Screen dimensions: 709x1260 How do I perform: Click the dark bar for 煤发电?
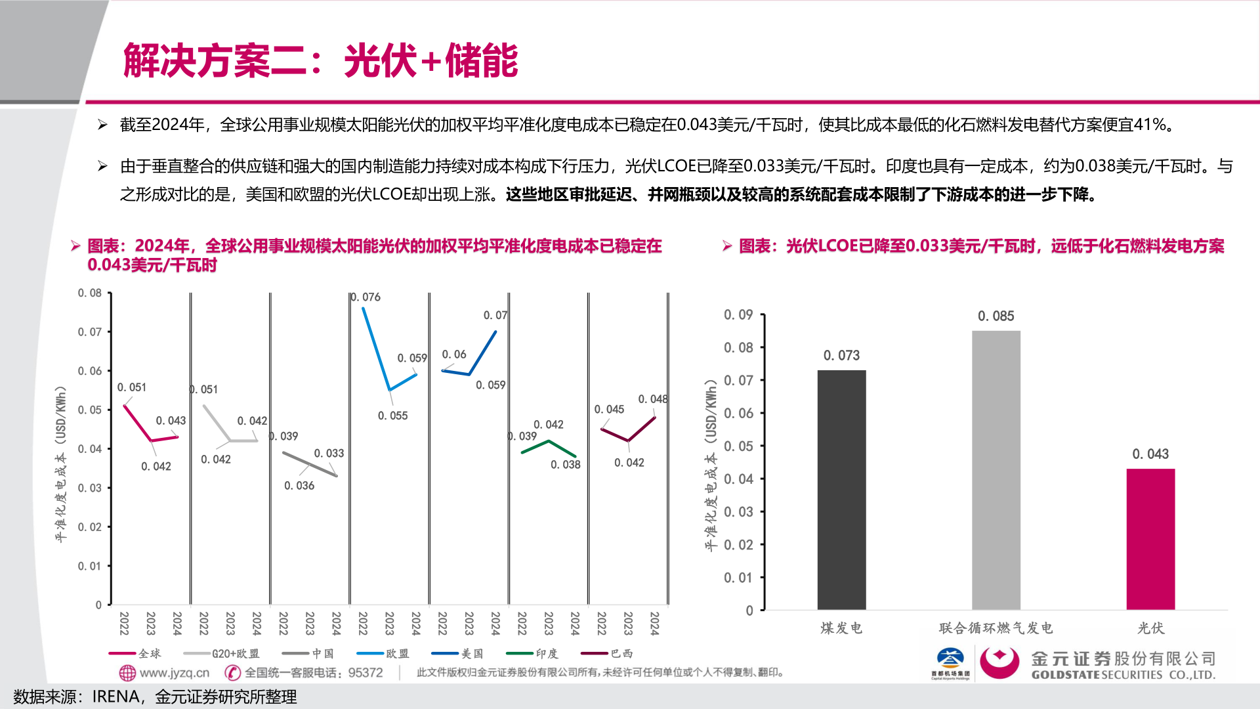[x=841, y=490]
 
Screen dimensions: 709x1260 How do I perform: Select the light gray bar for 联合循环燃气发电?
[x=996, y=470]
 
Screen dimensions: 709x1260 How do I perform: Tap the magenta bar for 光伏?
[x=1150, y=539]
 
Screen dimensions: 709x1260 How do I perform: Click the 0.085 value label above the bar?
[x=996, y=316]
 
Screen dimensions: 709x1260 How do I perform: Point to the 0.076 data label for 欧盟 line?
[x=366, y=297]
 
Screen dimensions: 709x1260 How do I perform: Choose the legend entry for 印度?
[x=533, y=653]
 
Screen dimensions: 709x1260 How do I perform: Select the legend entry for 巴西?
[x=608, y=653]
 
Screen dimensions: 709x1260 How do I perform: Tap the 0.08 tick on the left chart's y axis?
[x=90, y=293]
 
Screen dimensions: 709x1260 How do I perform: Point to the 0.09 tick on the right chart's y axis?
[x=738, y=315]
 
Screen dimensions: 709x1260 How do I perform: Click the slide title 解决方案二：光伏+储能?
[x=320, y=60]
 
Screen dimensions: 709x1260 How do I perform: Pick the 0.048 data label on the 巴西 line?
[x=652, y=399]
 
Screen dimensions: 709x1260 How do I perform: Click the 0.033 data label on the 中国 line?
[x=329, y=453]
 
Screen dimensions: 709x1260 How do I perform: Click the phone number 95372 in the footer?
[x=366, y=673]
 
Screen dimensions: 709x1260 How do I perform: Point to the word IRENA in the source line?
[x=115, y=697]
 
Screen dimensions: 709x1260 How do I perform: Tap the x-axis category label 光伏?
[x=1150, y=628]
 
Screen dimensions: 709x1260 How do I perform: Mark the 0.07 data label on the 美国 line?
[x=495, y=315]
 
